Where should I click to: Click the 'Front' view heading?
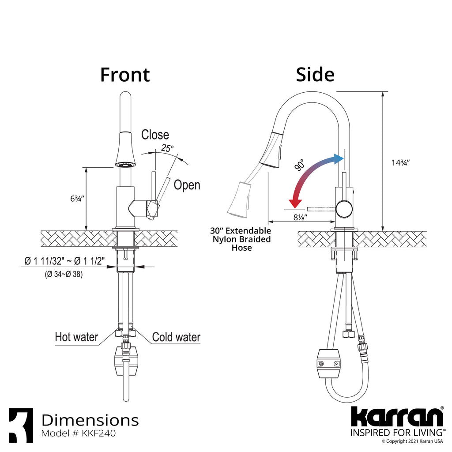125,75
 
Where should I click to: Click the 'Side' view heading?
315,75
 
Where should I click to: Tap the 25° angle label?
167,148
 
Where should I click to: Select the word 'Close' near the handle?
155,135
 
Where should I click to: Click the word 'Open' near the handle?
187,185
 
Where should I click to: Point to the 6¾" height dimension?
77,199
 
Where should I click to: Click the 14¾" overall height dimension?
400,162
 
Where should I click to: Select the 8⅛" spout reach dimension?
300,217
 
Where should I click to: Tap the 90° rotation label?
300,165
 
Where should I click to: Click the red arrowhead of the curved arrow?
295,203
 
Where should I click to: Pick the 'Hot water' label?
76,337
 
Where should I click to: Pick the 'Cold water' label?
176,337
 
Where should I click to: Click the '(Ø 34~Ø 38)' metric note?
64,274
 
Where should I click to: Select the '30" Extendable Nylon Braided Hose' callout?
241,239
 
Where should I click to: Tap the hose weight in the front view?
126,361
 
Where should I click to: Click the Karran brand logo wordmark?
397,417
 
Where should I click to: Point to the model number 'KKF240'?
99,433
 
